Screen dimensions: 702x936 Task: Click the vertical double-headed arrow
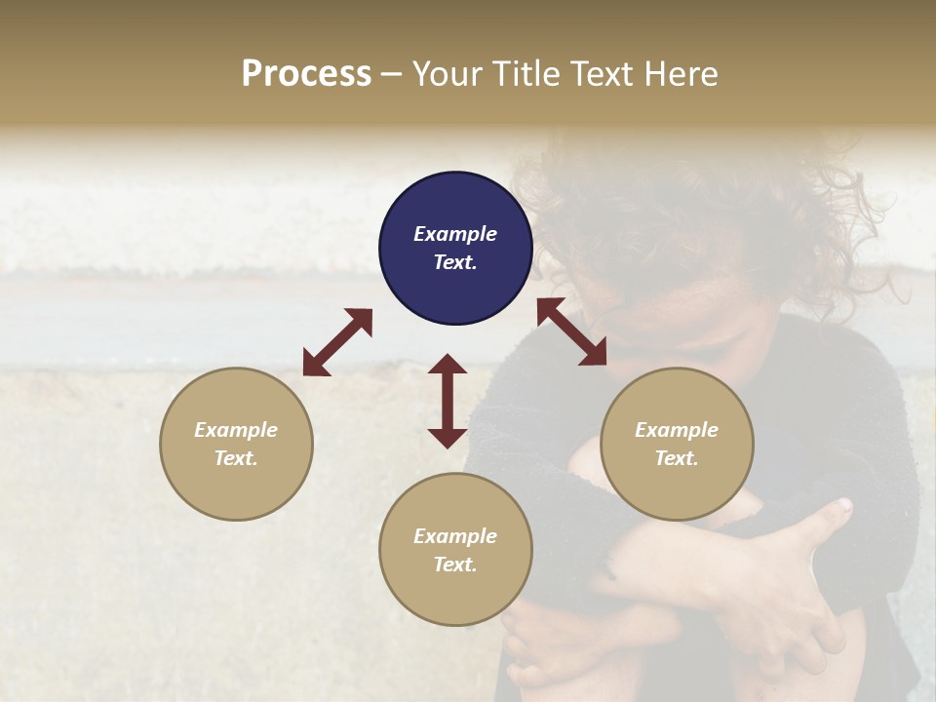[x=448, y=401]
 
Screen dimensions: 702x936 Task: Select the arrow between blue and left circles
[x=337, y=342]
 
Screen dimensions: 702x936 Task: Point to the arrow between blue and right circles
[x=572, y=332]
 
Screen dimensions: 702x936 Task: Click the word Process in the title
[x=306, y=74]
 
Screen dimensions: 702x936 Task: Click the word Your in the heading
[x=447, y=74]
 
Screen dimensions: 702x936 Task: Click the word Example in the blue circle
[x=455, y=234]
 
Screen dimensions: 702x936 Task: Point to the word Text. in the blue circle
[x=455, y=262]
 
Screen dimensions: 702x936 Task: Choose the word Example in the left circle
[x=236, y=430]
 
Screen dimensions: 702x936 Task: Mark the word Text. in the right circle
[x=677, y=458]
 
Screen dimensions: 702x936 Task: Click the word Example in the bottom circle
[x=455, y=536]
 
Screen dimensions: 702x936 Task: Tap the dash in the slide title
[x=392, y=74]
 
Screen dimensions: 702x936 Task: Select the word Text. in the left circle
[x=236, y=458]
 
